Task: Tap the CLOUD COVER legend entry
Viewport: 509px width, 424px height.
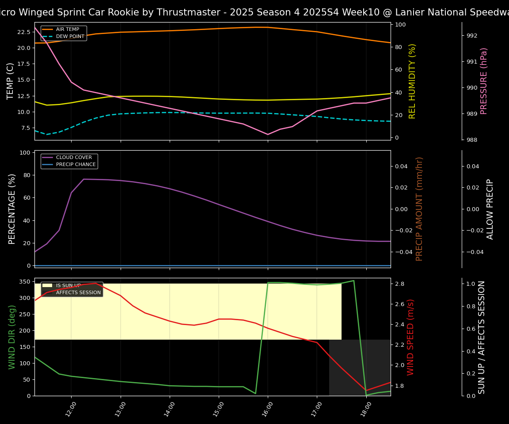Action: click(x=74, y=158)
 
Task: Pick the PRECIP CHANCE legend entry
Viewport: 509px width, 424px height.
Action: click(x=76, y=165)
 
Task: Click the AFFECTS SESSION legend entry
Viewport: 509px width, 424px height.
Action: click(x=78, y=292)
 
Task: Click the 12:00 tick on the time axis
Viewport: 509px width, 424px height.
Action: click(x=71, y=408)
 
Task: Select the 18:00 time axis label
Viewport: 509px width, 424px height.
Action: click(x=365, y=408)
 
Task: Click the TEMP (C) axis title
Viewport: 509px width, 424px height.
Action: click(x=11, y=81)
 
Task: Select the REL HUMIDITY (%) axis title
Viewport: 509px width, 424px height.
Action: click(x=412, y=81)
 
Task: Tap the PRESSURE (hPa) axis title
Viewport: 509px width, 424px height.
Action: click(x=484, y=81)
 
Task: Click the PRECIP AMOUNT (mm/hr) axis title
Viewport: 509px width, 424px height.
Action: click(x=419, y=208)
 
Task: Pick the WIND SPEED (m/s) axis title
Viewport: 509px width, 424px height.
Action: click(x=411, y=337)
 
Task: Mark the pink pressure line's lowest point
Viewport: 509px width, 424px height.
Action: click(x=267, y=134)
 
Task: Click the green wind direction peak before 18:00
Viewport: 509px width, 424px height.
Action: click(x=353, y=280)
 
